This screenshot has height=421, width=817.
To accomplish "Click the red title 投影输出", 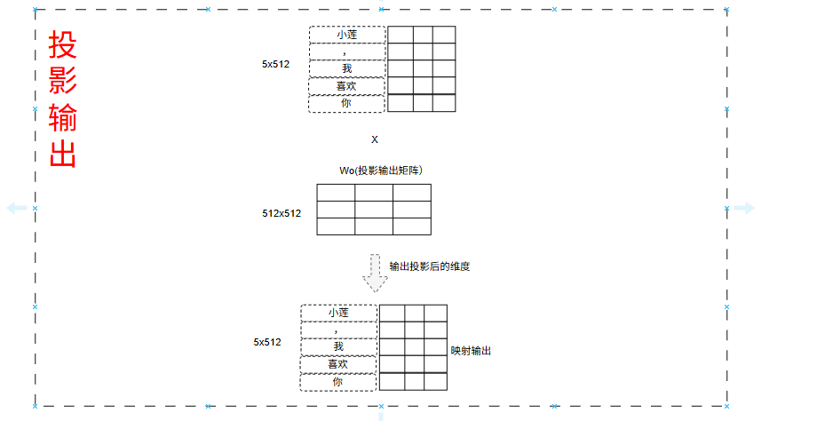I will pyautogui.click(x=63, y=99).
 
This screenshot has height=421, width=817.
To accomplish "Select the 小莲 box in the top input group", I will pyautogui.click(x=347, y=35).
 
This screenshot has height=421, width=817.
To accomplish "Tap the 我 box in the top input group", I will pyautogui.click(x=347, y=68).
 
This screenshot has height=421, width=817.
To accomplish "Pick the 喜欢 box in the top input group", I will pyautogui.click(x=347, y=86).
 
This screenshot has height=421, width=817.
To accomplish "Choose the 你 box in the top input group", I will pyautogui.click(x=347, y=103).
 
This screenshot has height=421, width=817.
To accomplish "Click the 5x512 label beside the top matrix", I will pyautogui.click(x=275, y=64).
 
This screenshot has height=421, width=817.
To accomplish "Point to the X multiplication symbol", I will pyautogui.click(x=375, y=139).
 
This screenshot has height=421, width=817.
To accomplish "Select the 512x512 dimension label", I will pyautogui.click(x=282, y=213).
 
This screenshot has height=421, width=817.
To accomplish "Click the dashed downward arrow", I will pyautogui.click(x=376, y=273).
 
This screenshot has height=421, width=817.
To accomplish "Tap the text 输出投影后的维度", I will pyautogui.click(x=429, y=266).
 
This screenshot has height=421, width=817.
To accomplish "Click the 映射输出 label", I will pyautogui.click(x=471, y=351).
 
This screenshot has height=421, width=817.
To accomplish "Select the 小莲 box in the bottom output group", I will pyautogui.click(x=338, y=313).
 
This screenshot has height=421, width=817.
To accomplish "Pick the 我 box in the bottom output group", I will pyautogui.click(x=338, y=346).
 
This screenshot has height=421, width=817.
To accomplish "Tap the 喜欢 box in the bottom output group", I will pyautogui.click(x=338, y=364).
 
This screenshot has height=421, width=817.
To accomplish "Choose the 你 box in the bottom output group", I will pyautogui.click(x=338, y=381).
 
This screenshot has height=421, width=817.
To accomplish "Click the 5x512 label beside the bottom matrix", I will pyautogui.click(x=267, y=342).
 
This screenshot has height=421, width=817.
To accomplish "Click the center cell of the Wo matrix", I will pyautogui.click(x=374, y=210).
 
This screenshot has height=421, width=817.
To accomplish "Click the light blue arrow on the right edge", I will pyautogui.click(x=743, y=208).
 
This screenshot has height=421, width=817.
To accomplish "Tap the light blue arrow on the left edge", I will pyautogui.click(x=17, y=208).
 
